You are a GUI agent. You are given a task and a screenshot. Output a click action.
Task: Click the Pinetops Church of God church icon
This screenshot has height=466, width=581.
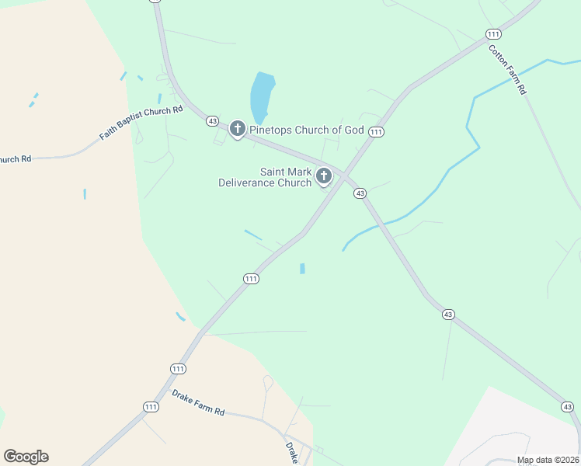[238, 129]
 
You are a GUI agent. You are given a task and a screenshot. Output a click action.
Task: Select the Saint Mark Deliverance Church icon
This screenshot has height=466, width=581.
[324, 178]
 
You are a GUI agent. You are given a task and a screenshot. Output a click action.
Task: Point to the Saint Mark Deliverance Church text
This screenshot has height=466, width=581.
[265, 177]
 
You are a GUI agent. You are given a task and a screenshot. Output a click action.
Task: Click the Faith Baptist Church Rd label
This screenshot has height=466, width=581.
[141, 123]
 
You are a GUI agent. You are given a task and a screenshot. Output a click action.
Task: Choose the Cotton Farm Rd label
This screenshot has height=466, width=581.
[508, 70]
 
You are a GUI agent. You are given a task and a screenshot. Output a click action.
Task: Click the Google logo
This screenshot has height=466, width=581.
[26, 457]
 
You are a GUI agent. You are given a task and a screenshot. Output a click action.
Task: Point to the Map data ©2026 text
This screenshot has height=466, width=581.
[547, 460]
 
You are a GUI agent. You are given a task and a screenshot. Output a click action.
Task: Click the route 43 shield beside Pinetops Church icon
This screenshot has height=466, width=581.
[212, 120]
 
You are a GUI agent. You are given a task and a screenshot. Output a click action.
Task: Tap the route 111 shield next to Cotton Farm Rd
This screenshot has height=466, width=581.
[492, 33]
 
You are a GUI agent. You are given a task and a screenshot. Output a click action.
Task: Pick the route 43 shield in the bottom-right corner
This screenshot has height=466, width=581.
[568, 406]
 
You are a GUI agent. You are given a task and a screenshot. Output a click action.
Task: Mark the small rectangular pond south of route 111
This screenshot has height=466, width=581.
[302, 269]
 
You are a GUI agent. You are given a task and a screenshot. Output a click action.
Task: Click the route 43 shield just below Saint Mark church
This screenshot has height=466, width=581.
[360, 193]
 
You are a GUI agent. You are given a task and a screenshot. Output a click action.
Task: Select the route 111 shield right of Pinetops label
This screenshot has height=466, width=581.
[377, 132]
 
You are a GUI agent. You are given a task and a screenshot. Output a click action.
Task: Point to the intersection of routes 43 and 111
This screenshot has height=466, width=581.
[343, 175]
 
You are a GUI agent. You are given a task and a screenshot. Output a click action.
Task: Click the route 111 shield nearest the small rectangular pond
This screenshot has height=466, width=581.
[251, 279]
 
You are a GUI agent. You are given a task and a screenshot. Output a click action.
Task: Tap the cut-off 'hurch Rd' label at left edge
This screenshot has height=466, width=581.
[16, 159]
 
